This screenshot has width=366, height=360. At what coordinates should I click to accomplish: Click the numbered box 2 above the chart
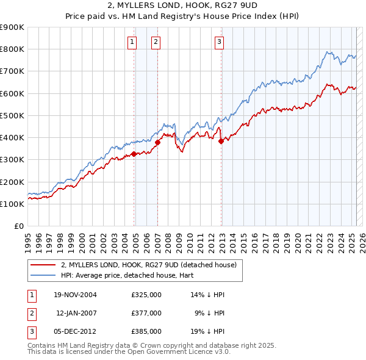pyautogui.click(x=156, y=41)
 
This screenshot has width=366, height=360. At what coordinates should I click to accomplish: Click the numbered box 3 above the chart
pyautogui.click(x=219, y=41)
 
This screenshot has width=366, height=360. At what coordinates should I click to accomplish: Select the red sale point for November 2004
pyautogui.click(x=134, y=154)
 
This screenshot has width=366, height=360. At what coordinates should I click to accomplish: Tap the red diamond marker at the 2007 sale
pyautogui.click(x=157, y=143)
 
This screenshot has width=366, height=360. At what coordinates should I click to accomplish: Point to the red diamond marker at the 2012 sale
pyautogui.click(x=221, y=141)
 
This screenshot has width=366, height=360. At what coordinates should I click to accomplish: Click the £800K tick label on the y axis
pyautogui.click(x=12, y=49)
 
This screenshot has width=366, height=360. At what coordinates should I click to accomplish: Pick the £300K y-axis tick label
pyautogui.click(x=12, y=160)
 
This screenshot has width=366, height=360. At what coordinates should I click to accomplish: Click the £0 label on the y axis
pyautogui.click(x=18, y=226)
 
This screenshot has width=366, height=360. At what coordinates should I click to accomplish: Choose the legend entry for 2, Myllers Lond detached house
pyautogui.click(x=152, y=265)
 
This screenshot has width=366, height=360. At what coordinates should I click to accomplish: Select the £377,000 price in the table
pyautogui.click(x=146, y=313)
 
